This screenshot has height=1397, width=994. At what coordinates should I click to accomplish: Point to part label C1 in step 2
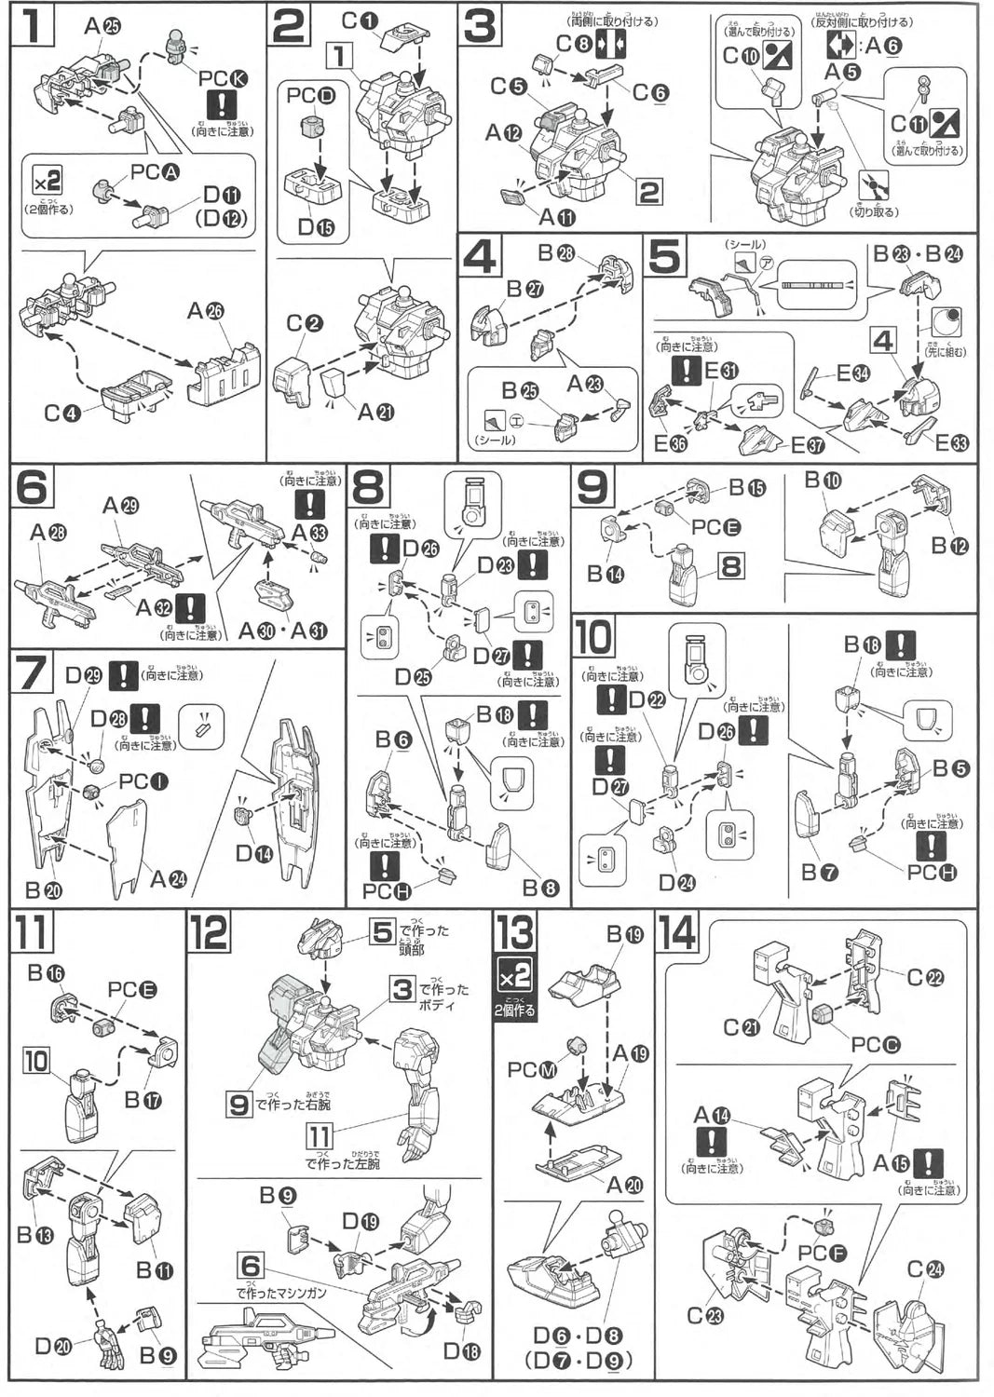coord(361,20)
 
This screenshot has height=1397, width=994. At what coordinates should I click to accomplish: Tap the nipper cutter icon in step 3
coord(873,186)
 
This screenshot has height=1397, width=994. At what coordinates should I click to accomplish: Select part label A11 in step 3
coord(557,217)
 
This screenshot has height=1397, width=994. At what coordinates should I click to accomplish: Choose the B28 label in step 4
coord(555,253)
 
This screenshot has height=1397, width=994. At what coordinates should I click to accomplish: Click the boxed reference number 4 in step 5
coord(883,341)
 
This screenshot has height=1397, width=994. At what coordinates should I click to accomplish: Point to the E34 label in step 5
coord(854,373)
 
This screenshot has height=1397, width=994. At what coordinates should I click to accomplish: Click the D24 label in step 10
coord(677,881)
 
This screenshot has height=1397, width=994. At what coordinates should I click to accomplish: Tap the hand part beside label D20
coord(109,1345)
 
